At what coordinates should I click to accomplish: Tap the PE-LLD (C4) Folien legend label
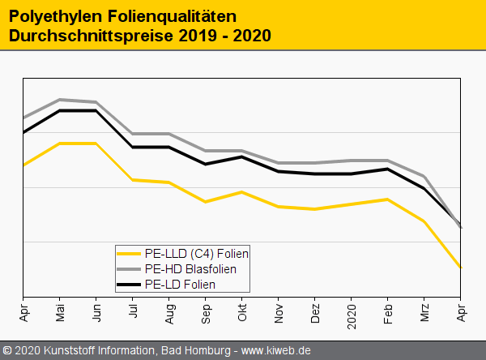coord(196,254)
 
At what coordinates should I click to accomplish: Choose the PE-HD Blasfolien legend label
coord(190,268)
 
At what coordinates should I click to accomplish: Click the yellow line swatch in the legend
coord(129,254)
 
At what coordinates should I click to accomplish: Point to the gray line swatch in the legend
coord(129,268)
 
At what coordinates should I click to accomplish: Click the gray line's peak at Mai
coord(60,100)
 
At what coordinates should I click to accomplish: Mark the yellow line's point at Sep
coord(206,202)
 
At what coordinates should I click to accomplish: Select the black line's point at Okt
coord(242,156)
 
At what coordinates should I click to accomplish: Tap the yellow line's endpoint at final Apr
coord(461,267)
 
